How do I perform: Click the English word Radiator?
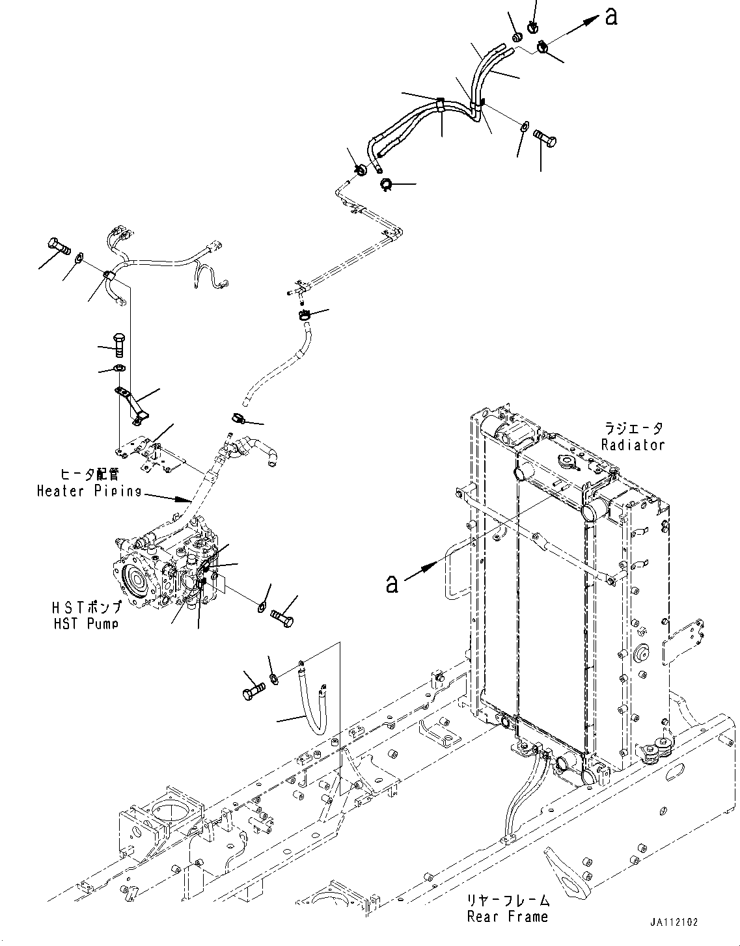[x=633, y=445]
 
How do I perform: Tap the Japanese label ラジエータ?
[x=633, y=429]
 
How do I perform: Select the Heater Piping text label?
[x=89, y=491]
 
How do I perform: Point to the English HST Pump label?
[x=86, y=623]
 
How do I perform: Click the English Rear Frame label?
[x=507, y=917]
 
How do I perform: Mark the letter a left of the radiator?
[x=391, y=584]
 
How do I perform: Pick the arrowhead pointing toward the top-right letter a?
[x=591, y=20]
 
